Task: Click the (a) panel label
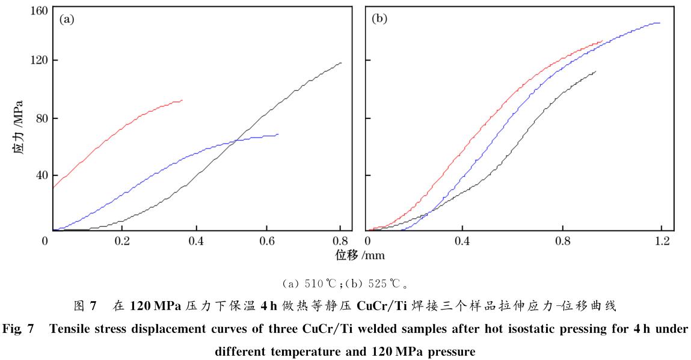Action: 66,19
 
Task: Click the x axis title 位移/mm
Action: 360,255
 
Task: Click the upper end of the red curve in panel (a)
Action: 182,100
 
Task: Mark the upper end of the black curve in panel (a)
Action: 341,63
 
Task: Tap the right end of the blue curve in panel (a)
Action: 278,134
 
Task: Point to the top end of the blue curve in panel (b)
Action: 660,23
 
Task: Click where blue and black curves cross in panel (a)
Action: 238,140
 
